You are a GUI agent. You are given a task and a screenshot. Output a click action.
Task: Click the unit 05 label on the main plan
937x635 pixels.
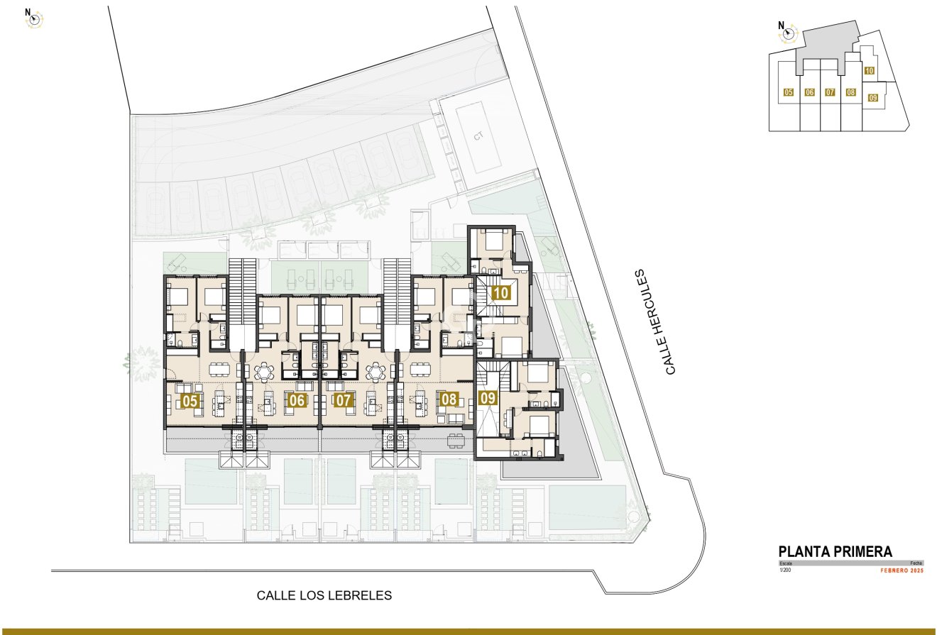coord(190,401)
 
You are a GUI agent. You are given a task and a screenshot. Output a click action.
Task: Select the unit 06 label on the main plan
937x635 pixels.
coord(297,401)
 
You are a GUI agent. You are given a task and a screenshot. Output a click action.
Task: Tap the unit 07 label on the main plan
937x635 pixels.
coord(344,401)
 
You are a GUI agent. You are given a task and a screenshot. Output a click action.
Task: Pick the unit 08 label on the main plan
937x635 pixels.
coord(449,399)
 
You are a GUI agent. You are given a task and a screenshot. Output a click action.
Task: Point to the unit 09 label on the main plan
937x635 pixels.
coord(488,399)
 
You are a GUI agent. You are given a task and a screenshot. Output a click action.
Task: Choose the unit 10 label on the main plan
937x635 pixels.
coord(500,292)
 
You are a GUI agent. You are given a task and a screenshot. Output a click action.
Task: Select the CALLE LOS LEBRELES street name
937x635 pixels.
coord(324,596)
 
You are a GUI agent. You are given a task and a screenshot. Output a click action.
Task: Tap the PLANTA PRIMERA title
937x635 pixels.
coord(835,551)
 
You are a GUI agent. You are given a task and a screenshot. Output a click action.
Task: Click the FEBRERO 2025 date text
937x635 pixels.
coord(902,570)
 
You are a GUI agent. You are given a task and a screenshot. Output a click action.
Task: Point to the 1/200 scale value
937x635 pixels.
coord(785,570)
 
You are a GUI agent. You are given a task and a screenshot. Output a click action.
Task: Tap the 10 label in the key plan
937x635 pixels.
coord(869,70)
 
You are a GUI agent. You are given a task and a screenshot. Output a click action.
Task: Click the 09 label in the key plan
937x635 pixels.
coord(872,98)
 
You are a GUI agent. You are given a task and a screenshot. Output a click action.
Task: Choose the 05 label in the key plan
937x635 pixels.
coord(788,92)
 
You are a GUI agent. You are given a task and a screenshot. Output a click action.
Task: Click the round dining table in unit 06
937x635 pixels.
coord(264,370)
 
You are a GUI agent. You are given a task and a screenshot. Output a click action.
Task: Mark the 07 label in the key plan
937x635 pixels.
coord(829,92)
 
